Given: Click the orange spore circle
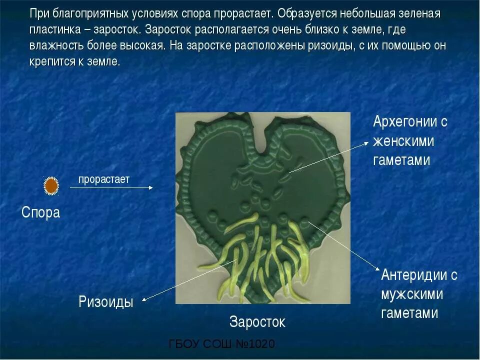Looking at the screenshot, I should tap(51, 186).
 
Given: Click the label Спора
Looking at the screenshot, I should tap(40, 212).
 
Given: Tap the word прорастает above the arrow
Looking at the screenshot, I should tap(103, 179).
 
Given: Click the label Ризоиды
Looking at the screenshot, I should tap(106, 302).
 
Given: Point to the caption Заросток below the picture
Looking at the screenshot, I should tap(257, 321).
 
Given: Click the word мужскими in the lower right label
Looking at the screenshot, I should tap(412, 294).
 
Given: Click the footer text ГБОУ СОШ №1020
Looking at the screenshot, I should tap(221, 344).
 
